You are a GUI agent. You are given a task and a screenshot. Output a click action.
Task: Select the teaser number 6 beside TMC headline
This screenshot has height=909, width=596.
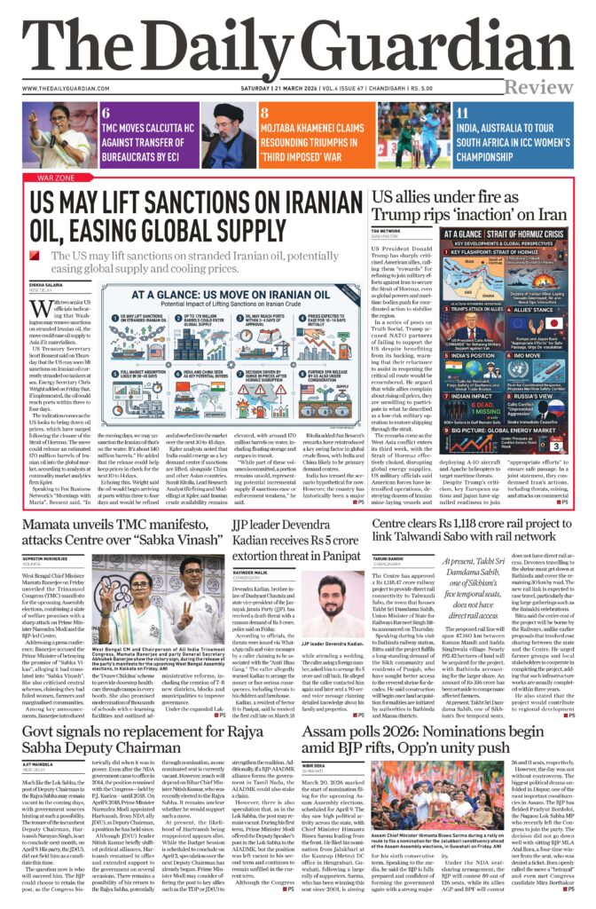106,113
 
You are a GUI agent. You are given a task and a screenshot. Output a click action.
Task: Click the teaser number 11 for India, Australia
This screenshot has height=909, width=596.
461,113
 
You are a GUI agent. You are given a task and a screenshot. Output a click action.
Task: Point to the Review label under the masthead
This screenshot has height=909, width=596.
538,85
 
